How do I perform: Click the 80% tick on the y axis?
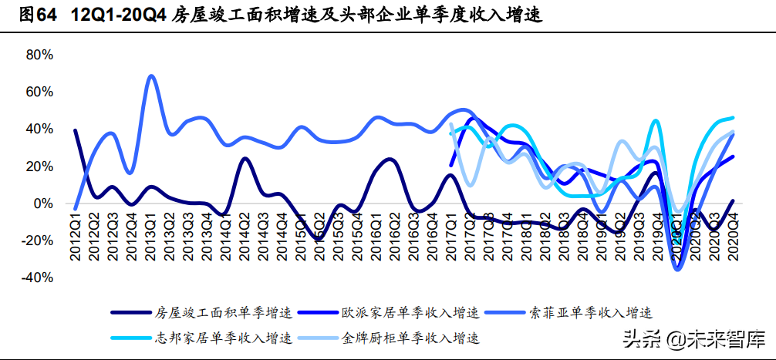pos(39,55)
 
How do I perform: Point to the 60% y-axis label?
pos(39,92)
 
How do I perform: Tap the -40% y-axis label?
pos(37,278)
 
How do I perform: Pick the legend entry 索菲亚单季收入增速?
pos(591,312)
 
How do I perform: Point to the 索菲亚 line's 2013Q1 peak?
pos(151,76)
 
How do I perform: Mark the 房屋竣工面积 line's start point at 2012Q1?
pos(76,130)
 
